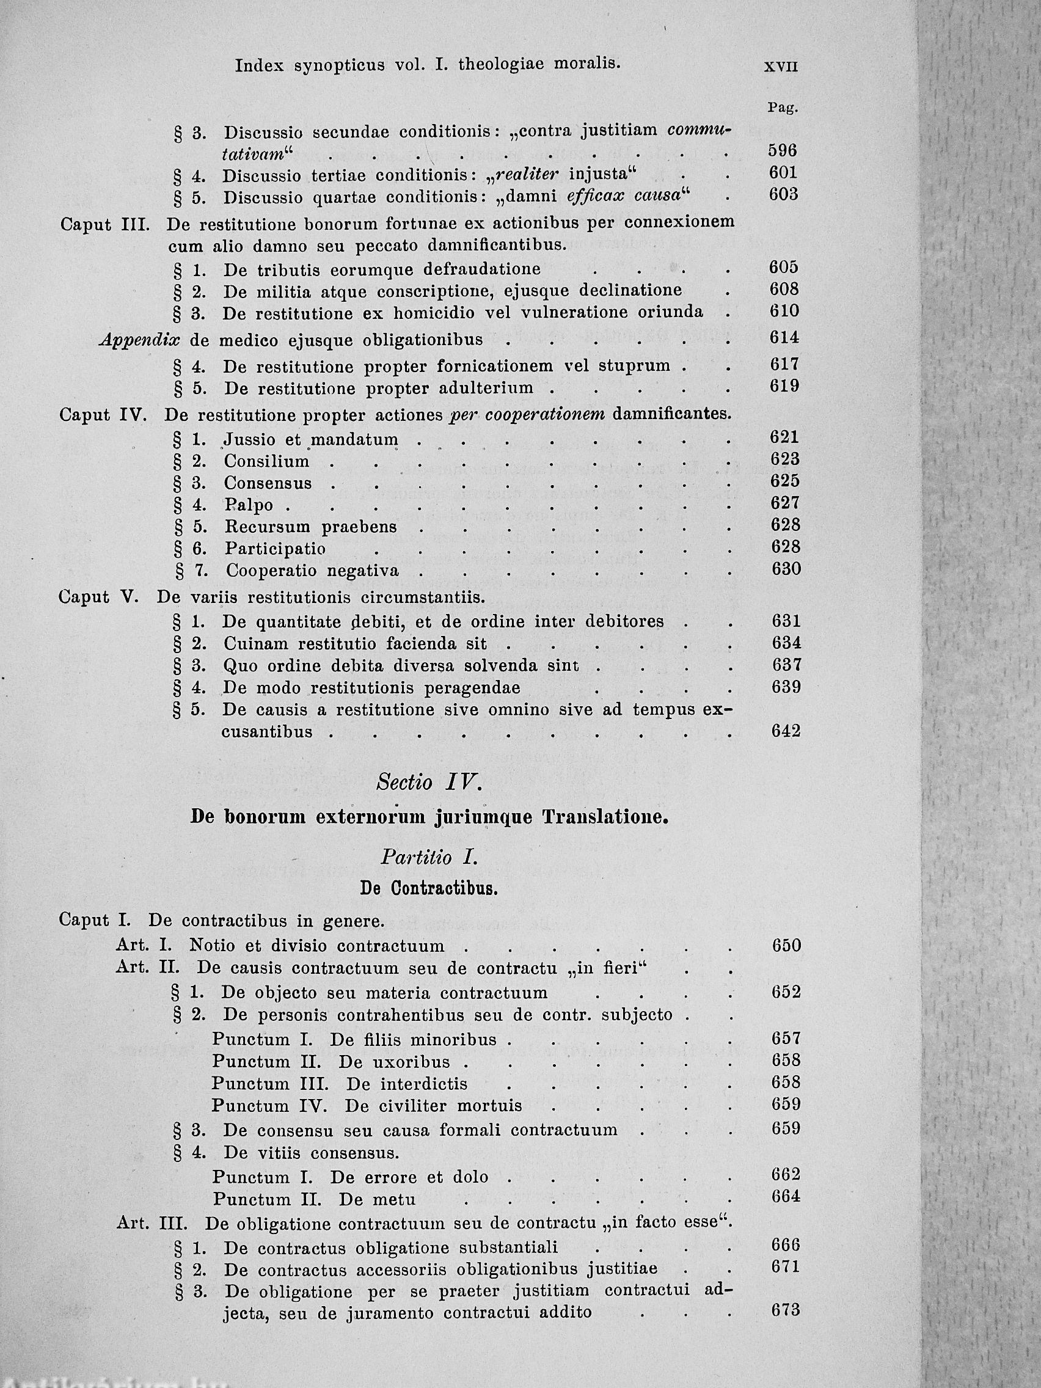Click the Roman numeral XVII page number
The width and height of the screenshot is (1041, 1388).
tap(781, 67)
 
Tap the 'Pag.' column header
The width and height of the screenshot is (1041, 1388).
tap(783, 108)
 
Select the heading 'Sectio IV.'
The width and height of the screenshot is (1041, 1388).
tap(429, 783)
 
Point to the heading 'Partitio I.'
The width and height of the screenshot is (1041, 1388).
tap(429, 857)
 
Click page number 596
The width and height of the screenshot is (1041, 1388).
tap(783, 151)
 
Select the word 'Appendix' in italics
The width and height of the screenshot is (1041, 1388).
tap(139, 340)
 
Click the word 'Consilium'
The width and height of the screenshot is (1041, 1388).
tap(267, 461)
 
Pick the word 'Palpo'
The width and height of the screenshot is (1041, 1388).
tap(249, 505)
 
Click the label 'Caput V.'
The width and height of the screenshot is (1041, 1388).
tap(98, 597)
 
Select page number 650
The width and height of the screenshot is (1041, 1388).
tap(787, 945)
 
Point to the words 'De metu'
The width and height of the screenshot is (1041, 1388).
tap(376, 1200)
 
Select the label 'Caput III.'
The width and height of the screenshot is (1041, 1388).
tap(104, 224)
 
